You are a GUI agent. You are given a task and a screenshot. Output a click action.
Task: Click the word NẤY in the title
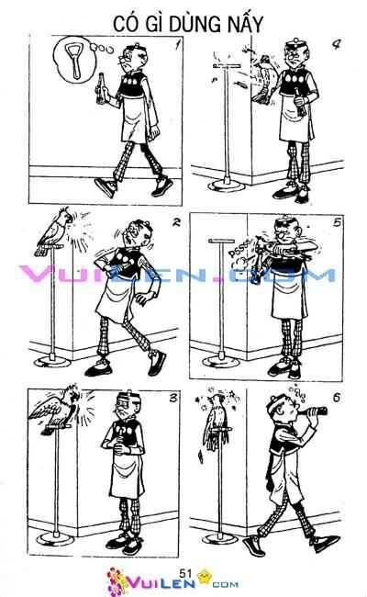245,24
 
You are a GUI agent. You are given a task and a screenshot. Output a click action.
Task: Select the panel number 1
176,45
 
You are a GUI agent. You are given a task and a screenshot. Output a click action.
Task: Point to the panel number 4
336,45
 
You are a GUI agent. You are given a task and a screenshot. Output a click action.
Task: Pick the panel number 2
176,222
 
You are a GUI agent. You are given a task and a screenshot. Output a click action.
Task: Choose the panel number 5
337,222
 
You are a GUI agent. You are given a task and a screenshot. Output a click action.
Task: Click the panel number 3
173,399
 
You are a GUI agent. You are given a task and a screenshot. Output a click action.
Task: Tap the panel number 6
337,399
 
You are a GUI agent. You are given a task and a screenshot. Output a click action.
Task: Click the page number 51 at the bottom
185,573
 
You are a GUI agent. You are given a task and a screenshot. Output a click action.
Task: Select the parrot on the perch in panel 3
57,410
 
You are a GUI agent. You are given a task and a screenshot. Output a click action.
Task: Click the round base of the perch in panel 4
227,186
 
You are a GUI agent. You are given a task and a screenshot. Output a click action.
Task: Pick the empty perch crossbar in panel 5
222,241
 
